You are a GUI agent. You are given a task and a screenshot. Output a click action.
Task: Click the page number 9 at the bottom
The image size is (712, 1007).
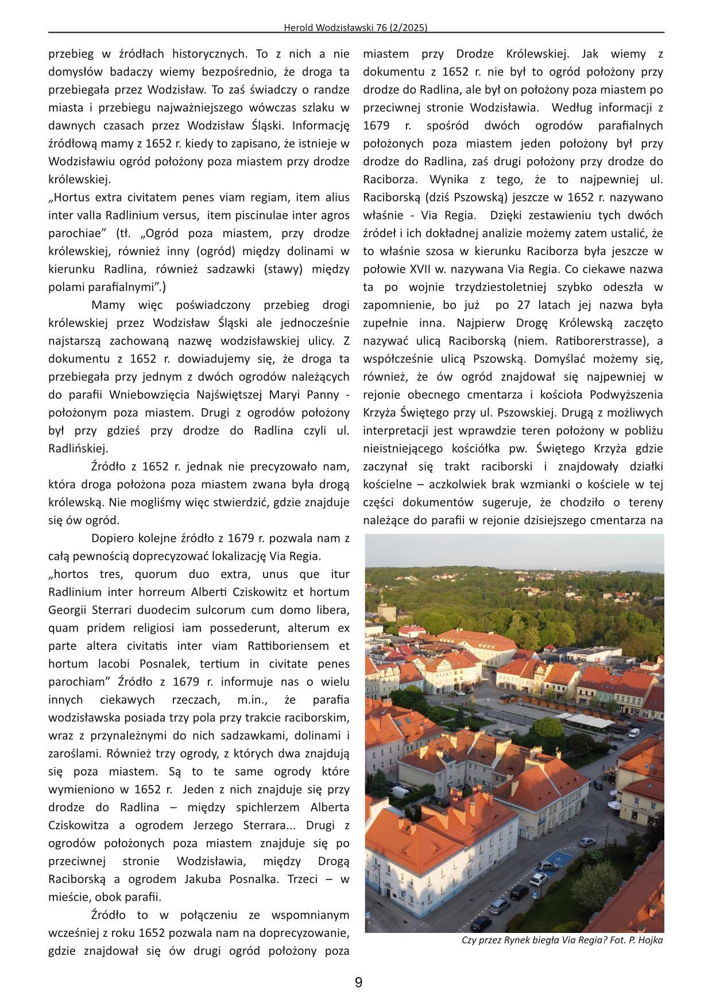pos(358,982)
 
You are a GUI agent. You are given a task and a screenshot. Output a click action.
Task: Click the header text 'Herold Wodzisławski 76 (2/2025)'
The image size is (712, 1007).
pos(356,27)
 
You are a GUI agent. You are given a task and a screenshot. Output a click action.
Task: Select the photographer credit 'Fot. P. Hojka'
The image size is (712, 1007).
pos(629,940)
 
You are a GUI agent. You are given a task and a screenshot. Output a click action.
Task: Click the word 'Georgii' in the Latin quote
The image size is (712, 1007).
pos(67,610)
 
